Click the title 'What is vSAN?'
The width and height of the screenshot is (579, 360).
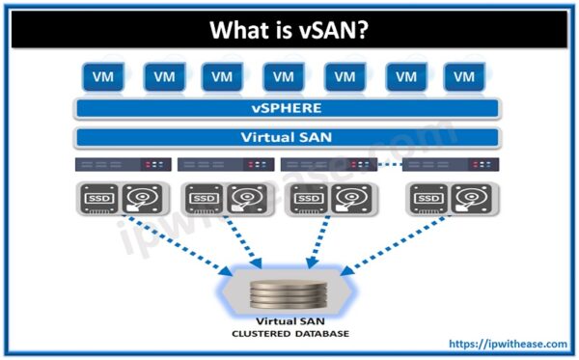(x=289, y=32)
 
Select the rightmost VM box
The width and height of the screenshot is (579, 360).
(x=465, y=76)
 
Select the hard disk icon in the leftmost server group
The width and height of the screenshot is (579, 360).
(x=144, y=199)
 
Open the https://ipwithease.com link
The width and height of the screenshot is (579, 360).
(x=509, y=343)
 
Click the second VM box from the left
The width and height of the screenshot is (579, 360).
(x=163, y=76)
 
